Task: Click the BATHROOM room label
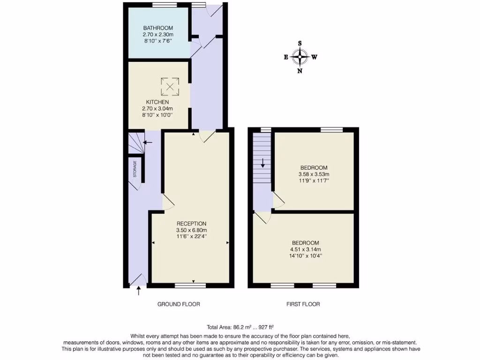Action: pyautogui.click(x=158, y=28)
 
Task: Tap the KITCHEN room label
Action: pyautogui.click(x=157, y=102)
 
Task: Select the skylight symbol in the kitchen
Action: pyautogui.click(x=170, y=86)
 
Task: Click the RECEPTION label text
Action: pyautogui.click(x=191, y=224)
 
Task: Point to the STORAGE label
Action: pyautogui.click(x=135, y=168)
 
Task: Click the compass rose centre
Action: pyautogui.click(x=300, y=58)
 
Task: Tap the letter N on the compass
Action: pyautogui.click(x=300, y=71)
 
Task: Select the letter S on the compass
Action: pyautogui.click(x=300, y=44)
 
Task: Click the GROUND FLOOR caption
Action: pyautogui.click(x=179, y=304)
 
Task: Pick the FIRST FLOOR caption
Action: pyautogui.click(x=303, y=304)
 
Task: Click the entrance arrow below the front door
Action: pyautogui.click(x=138, y=291)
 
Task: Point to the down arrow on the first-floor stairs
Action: pyautogui.click(x=263, y=163)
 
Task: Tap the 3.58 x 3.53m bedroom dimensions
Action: pyautogui.click(x=314, y=174)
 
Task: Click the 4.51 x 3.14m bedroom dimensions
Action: pyautogui.click(x=305, y=249)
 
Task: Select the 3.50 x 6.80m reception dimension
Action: pyautogui.click(x=191, y=230)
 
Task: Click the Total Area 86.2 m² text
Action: pyautogui.click(x=240, y=327)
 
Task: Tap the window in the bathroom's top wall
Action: pyautogui.click(x=161, y=5)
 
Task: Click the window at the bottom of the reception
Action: pyautogui.click(x=190, y=285)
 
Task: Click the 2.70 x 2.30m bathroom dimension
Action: pyautogui.click(x=158, y=34)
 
